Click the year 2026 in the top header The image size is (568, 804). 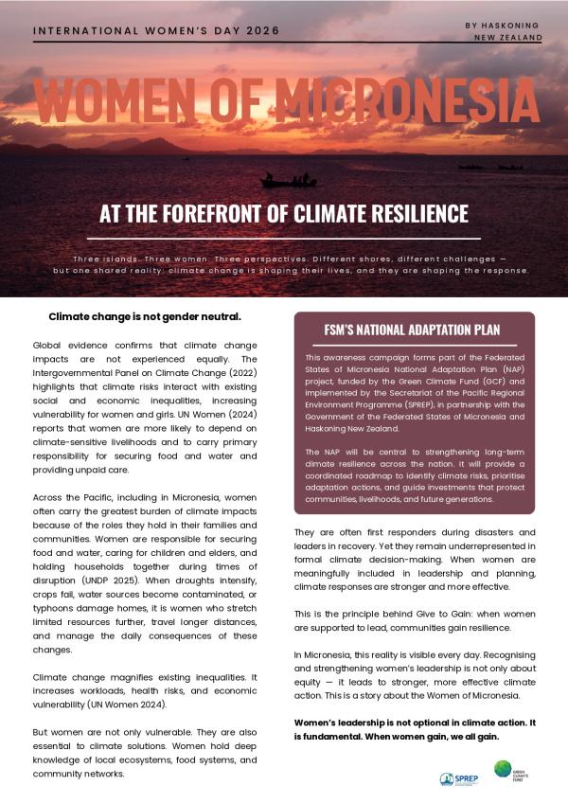[x=261, y=30]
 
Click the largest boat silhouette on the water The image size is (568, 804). [x=288, y=180]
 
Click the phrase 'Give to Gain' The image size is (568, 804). [x=417, y=614]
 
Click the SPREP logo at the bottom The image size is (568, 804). [x=459, y=778]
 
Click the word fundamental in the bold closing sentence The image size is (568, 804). [x=334, y=737]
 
